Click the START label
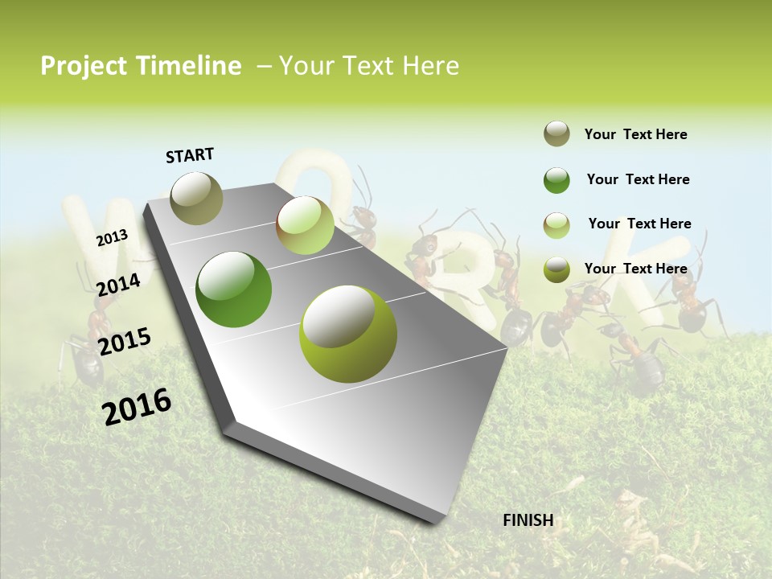[190, 155]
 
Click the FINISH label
[528, 519]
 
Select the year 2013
[112, 237]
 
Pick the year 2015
[125, 342]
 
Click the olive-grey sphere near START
[197, 198]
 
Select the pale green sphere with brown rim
[305, 225]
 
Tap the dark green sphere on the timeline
[234, 289]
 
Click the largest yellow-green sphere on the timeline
[348, 334]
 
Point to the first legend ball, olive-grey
[556, 134]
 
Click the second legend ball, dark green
[556, 180]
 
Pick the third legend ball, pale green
[556, 224]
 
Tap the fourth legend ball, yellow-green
[556, 269]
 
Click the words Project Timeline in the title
[141, 66]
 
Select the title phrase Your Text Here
[369, 66]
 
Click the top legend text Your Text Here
[635, 134]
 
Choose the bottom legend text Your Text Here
[635, 269]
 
